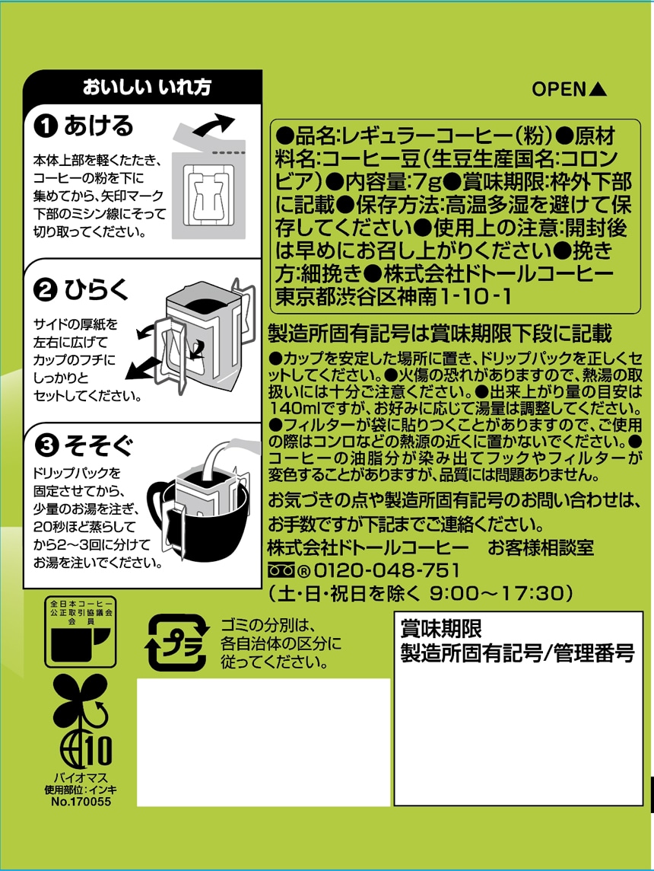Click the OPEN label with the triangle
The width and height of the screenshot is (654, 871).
coord(569,89)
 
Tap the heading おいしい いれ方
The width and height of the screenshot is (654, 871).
coord(147,88)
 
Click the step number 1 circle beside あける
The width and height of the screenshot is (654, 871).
coord(46,127)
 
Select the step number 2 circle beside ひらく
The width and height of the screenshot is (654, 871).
coord(46,291)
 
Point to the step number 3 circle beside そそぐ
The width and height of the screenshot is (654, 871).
coord(46,445)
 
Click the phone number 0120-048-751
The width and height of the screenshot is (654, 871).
coord(387,570)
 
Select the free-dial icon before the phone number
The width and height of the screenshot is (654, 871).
coord(282,570)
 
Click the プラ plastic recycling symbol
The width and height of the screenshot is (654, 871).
coord(177,643)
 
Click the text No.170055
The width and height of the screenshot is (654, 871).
coord(81,802)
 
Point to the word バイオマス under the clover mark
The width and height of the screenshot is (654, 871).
coord(81,777)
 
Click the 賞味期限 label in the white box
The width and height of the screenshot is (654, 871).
coord(441,629)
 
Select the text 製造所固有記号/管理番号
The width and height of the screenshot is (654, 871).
coord(518,653)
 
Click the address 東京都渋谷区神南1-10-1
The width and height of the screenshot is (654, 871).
coord(393,296)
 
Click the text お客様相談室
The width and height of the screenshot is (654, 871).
coord(541,547)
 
